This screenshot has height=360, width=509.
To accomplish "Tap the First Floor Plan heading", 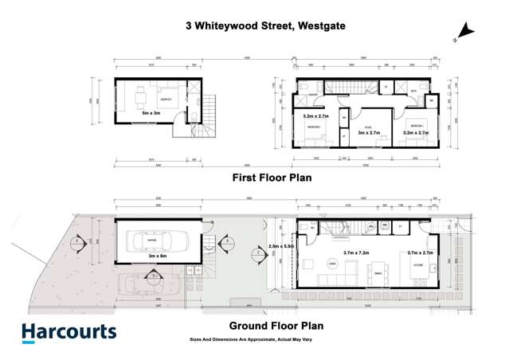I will click(270, 178).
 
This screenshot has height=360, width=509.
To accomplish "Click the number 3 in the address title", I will click(189, 25).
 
